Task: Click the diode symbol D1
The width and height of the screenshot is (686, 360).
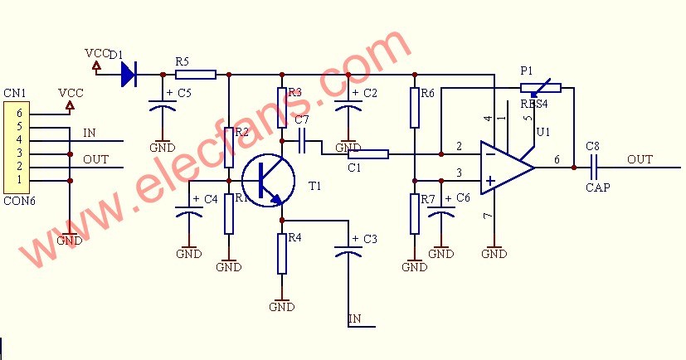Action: pyautogui.click(x=129, y=75)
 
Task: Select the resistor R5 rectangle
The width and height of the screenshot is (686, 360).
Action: pyautogui.click(x=196, y=75)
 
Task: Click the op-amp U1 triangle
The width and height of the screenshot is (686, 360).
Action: pyautogui.click(x=507, y=168)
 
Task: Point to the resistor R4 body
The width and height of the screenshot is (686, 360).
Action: pyautogui.click(x=282, y=254)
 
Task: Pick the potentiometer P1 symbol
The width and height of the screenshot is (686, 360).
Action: pyautogui.click(x=541, y=88)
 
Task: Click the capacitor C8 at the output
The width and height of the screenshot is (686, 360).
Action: pyautogui.click(x=593, y=168)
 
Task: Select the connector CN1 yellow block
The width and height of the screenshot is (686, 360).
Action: pyautogui.click(x=17, y=148)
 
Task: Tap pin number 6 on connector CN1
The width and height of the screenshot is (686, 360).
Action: pyautogui.click(x=19, y=114)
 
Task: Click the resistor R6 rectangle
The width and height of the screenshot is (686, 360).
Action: pyautogui.click(x=415, y=108)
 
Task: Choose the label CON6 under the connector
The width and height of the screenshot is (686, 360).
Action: pyautogui.click(x=19, y=201)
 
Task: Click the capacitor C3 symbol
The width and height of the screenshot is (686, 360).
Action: pyautogui.click(x=348, y=251)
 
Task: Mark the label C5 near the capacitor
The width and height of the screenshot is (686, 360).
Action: pyautogui.click(x=184, y=93)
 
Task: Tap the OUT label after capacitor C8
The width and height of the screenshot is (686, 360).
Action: pyautogui.click(x=640, y=159)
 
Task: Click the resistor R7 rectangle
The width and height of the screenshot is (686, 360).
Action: pyautogui.click(x=415, y=214)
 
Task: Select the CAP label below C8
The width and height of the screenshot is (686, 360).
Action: pyautogui.click(x=597, y=187)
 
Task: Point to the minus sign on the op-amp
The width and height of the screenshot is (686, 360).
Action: pyautogui.click(x=491, y=154)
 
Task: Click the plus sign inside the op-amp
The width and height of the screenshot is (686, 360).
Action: pyautogui.click(x=491, y=181)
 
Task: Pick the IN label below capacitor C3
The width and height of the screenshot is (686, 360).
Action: pyautogui.click(x=355, y=319)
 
